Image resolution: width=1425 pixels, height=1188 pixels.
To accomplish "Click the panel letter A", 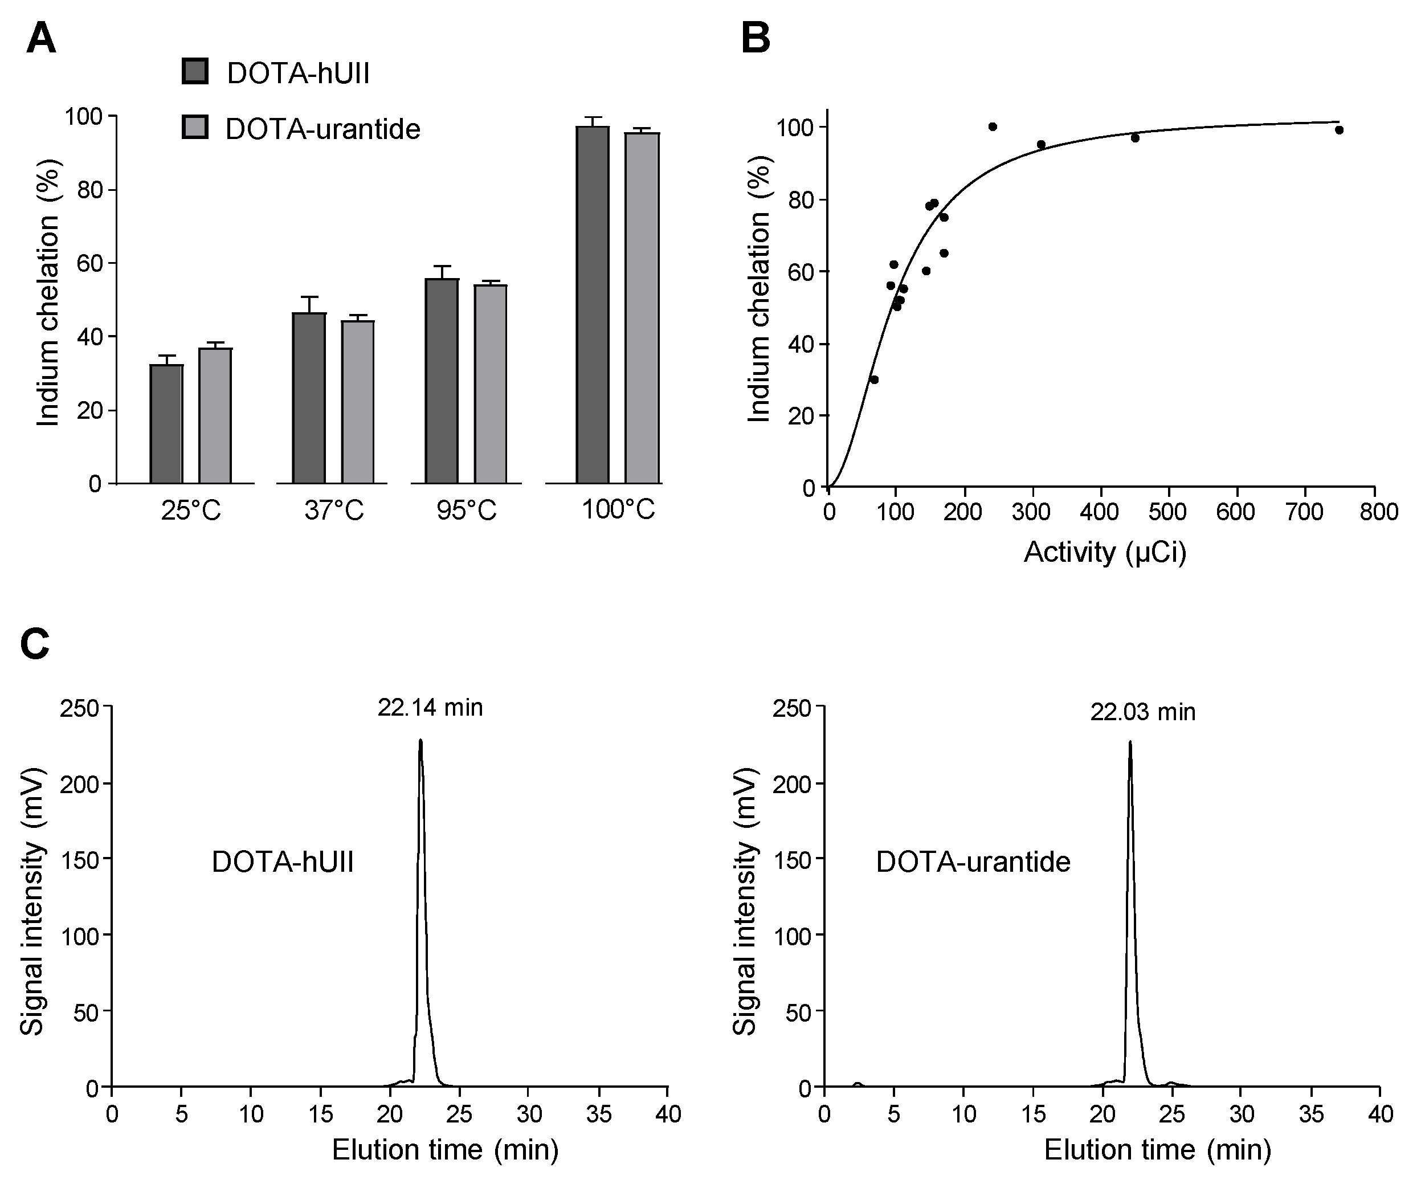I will point(40,39).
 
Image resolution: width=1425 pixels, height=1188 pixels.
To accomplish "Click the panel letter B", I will point(756,39).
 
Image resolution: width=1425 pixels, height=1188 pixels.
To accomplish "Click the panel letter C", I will point(35,643).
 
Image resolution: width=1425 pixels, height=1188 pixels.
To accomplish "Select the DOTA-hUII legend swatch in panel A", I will point(195,71).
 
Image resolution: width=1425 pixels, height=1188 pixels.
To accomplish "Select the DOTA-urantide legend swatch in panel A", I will point(195,128).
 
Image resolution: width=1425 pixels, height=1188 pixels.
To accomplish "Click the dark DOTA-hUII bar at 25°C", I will point(166,424).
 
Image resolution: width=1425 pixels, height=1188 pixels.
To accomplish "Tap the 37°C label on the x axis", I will point(334,510).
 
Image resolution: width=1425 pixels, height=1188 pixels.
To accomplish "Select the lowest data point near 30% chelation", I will point(874,379).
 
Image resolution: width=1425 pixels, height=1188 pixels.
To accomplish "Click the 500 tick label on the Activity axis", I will point(1167,512).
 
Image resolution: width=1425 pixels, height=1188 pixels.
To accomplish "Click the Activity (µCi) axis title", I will point(1105,553).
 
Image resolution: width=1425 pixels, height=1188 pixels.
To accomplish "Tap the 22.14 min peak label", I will point(430,708).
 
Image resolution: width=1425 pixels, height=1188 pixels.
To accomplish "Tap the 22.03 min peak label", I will point(1143,712).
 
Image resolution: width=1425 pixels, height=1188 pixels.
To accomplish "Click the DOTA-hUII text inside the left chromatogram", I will point(283,862).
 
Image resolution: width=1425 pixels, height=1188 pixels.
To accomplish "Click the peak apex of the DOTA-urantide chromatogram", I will point(1130,743).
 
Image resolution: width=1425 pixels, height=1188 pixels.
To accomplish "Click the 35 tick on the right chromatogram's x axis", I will point(1310,1114).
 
